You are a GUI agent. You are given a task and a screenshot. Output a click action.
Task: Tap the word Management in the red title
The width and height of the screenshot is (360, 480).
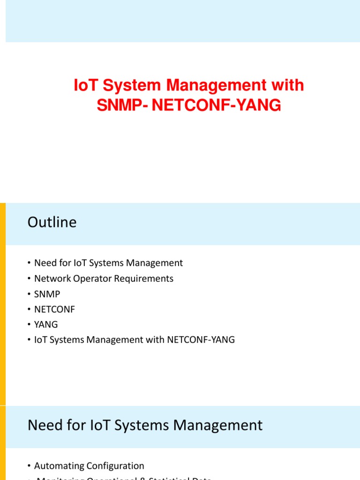pos(206,86)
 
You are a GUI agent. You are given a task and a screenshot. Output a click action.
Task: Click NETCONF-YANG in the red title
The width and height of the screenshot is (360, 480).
pos(217,106)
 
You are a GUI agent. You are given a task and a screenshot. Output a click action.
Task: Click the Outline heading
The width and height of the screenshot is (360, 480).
pos(52,222)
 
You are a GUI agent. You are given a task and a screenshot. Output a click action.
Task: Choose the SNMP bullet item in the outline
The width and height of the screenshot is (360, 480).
pos(47,294)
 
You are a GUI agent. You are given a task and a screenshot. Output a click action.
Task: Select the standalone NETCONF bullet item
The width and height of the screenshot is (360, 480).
pos(54,309)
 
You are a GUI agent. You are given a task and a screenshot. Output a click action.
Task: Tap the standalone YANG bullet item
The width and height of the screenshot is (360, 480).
pos(46,324)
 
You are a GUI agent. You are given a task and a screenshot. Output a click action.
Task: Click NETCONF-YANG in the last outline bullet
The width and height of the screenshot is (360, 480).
pos(201,339)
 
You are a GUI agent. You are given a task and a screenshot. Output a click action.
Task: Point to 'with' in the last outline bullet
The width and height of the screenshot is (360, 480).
pos(156,339)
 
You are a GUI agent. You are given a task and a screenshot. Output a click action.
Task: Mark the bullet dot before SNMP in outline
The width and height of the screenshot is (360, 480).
pos(30,294)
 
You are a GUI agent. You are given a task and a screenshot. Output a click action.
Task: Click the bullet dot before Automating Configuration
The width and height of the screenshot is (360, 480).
pos(30,466)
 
